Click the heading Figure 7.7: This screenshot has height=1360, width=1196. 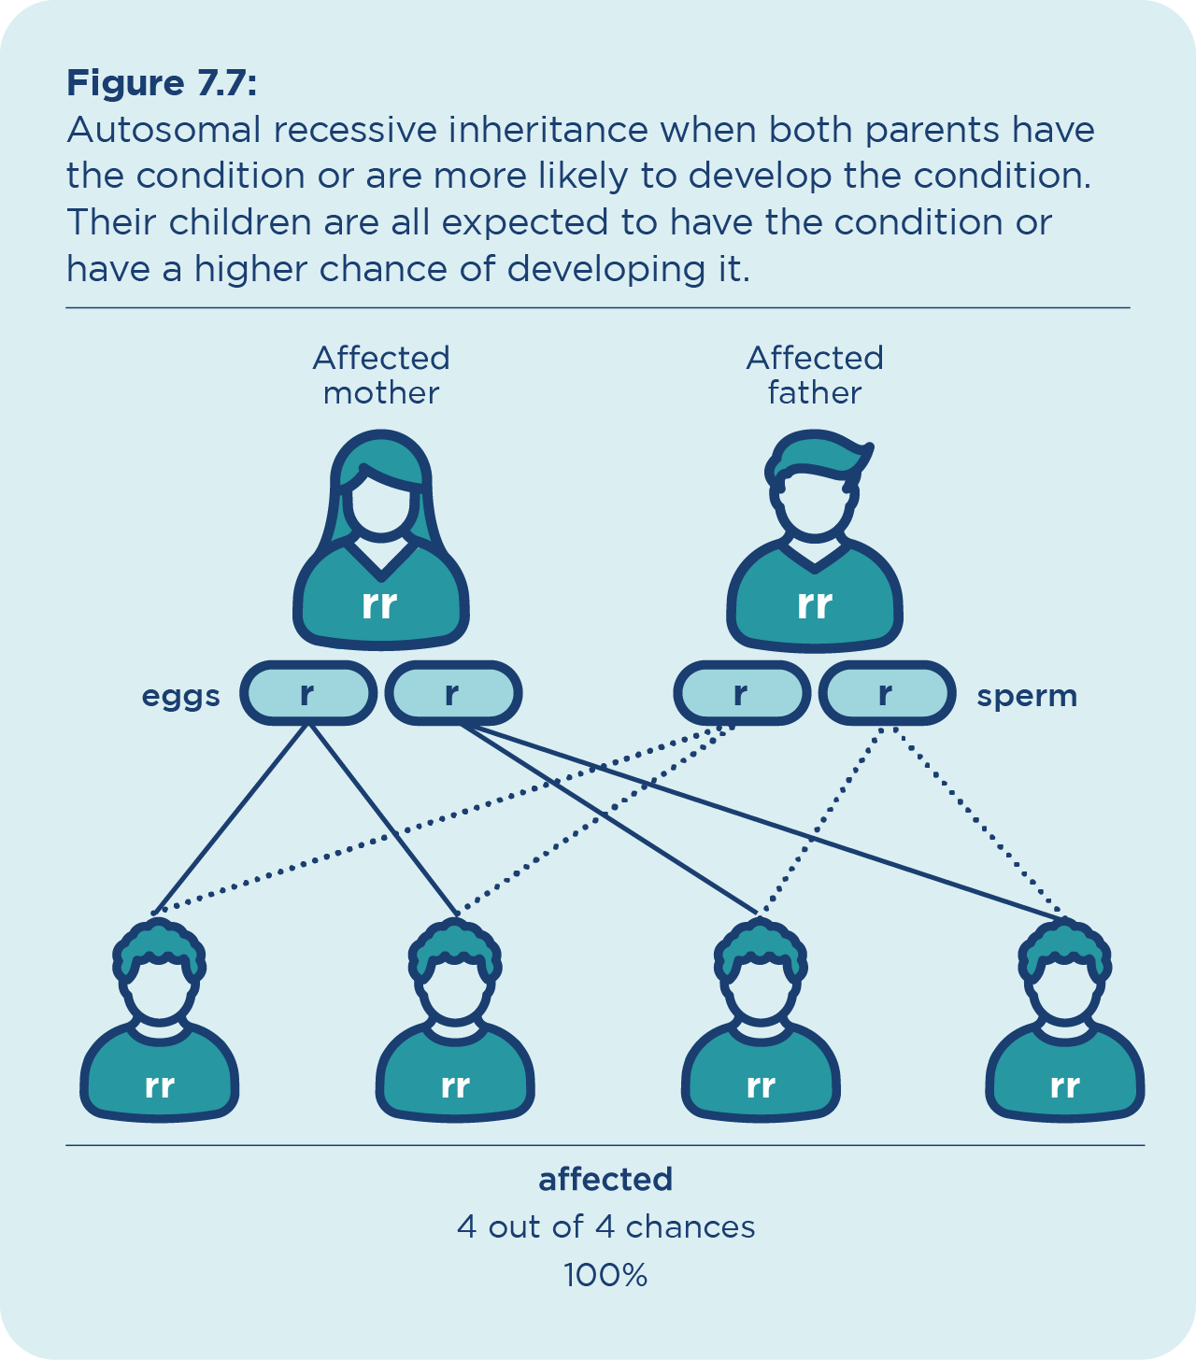click(161, 84)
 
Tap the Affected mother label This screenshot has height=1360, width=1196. click(381, 375)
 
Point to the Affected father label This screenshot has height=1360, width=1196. click(815, 375)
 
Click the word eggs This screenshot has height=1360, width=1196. click(181, 696)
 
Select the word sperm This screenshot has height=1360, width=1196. click(1027, 696)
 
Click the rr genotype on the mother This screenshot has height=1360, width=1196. click(380, 604)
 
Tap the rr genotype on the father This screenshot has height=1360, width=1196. click(815, 604)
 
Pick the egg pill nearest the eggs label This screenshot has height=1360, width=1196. click(307, 694)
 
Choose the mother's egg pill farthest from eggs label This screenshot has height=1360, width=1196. click(452, 694)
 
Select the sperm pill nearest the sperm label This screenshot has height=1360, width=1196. click(886, 694)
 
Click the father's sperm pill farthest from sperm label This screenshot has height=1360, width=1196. click(741, 694)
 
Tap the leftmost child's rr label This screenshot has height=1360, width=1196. click(160, 1086)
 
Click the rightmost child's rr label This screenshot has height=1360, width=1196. click(1065, 1086)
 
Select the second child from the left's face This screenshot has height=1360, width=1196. click(455, 990)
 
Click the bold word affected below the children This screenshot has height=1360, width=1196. click(605, 1180)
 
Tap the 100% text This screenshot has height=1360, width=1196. click(605, 1275)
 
